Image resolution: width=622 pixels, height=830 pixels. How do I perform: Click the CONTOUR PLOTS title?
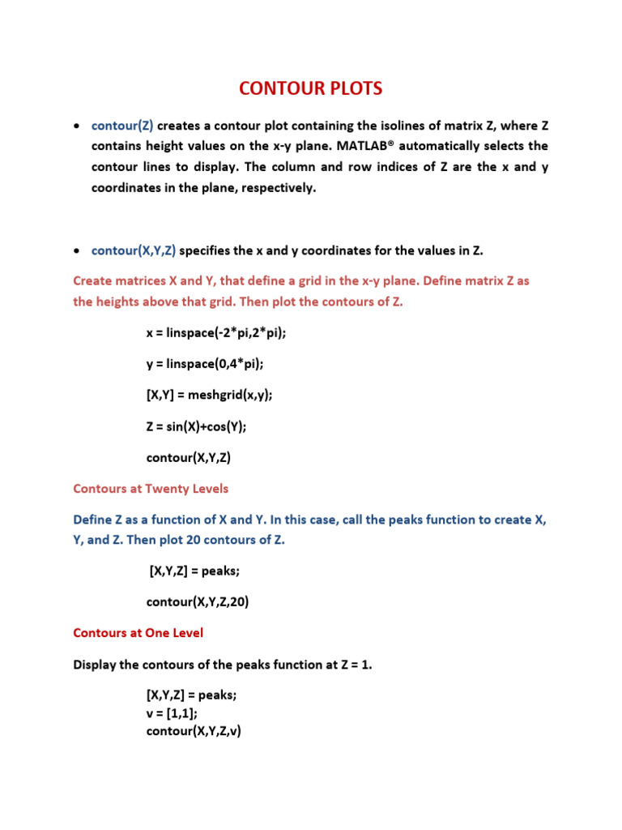pos(310,89)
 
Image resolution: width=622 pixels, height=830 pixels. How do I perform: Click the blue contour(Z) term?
pos(122,126)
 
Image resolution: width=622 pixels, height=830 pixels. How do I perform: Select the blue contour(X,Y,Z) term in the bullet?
pos(134,251)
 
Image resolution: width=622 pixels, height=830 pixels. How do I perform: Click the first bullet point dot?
pos(76,127)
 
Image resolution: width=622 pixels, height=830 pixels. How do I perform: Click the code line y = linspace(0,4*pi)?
pos(204,364)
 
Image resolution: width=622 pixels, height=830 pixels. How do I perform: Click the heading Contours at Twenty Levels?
pos(151,489)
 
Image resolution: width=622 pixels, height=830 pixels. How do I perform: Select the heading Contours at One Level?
pos(138,632)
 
